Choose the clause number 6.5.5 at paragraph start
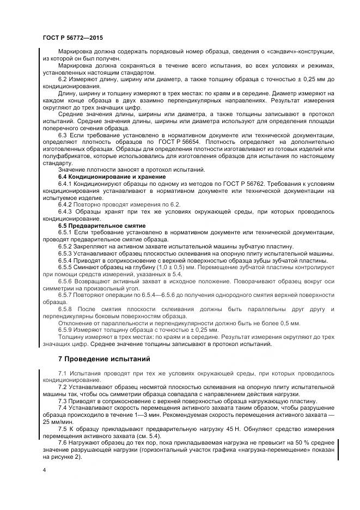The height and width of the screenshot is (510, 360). click(68, 268)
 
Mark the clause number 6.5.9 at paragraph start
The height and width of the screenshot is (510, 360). click(68, 330)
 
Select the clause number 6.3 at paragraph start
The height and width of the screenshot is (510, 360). click(64, 134)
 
